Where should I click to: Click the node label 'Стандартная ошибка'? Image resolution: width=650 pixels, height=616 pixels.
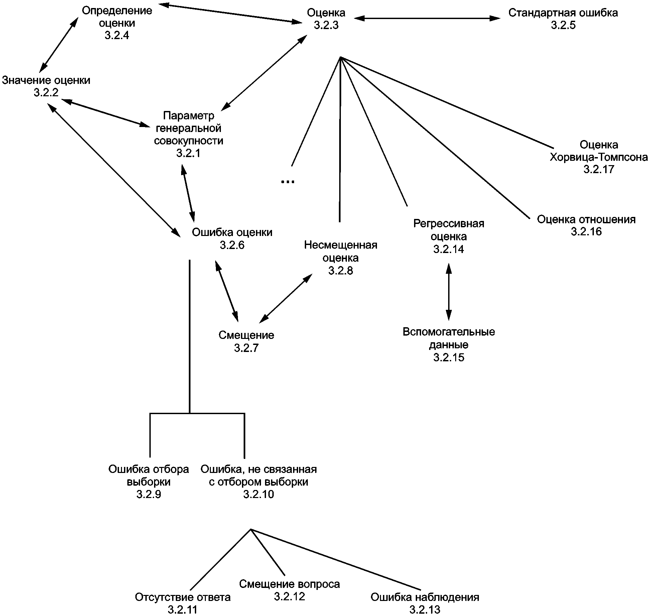[x=563, y=13]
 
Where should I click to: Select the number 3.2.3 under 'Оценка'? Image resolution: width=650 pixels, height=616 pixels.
[x=326, y=25]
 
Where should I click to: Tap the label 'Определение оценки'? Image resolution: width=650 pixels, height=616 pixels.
[x=117, y=17]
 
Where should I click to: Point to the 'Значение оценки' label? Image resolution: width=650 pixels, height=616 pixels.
[x=46, y=80]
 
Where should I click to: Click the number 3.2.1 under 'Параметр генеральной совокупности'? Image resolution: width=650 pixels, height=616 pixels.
[x=188, y=153]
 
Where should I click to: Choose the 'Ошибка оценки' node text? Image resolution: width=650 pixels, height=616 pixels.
[x=232, y=232]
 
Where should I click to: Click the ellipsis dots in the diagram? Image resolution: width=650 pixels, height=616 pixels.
[x=287, y=181]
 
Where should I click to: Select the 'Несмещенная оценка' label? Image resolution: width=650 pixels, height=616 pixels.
[x=341, y=251]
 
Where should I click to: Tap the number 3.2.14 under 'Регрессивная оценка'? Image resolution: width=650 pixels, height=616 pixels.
[x=448, y=249]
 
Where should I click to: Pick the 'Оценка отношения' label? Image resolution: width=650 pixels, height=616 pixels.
[x=586, y=219]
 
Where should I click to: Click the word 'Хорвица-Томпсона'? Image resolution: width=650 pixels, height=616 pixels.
[x=599, y=157]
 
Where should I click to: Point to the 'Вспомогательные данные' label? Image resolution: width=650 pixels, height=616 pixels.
[x=449, y=338]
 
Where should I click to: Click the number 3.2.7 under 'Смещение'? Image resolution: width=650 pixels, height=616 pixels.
[x=246, y=348]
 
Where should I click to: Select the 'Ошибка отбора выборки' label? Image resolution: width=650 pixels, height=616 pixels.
[x=149, y=475]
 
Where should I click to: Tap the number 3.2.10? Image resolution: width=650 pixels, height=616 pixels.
[x=259, y=494]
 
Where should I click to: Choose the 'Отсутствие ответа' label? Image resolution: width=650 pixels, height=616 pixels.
[x=183, y=597]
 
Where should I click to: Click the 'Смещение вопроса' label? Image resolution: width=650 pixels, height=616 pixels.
[x=289, y=584]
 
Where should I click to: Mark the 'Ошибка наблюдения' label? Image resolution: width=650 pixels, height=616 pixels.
[x=425, y=597]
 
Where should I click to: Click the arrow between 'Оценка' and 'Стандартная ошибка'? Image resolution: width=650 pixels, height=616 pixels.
[x=427, y=18]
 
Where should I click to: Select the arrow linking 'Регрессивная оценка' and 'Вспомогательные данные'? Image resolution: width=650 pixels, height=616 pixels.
[x=449, y=291]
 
